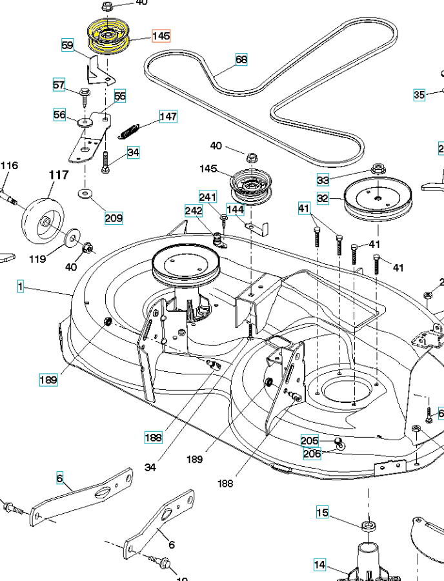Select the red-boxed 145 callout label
coord(161,36)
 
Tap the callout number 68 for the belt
coord(241,60)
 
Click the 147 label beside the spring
coord(168,117)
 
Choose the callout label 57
coord(59,85)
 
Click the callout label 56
coord(59,115)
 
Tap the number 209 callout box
coord(114,218)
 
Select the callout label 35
coord(419,95)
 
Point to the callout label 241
coord(208,197)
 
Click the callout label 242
coord(194,210)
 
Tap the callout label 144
coord(235,210)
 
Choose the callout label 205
coord(310,440)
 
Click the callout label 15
coord(322,513)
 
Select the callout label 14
coord(320,564)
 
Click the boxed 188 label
coord(154,437)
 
